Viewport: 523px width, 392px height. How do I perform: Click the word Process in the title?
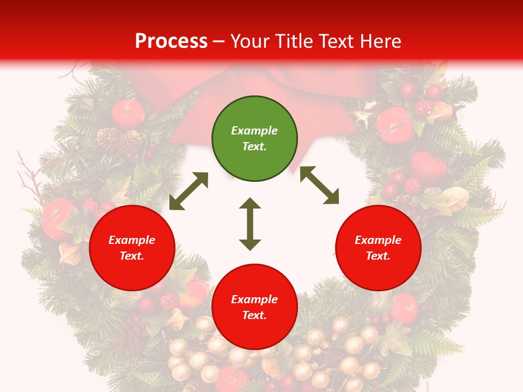coord(171,41)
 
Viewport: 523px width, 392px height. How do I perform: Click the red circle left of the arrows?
coord(132,248)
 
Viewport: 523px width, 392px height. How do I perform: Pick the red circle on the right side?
coord(378,248)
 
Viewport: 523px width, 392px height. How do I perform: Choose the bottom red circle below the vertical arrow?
coord(254,307)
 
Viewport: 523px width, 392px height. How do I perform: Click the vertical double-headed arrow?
coord(250,224)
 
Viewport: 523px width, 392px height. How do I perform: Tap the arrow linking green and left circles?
coord(188,191)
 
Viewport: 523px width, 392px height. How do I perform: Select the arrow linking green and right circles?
coord(319,185)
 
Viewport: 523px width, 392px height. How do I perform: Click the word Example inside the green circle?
coord(254,131)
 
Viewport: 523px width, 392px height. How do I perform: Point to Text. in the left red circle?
coord(132,256)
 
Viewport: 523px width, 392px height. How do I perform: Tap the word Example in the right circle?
coord(378,240)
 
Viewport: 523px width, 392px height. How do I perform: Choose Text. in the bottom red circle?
coord(254,315)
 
